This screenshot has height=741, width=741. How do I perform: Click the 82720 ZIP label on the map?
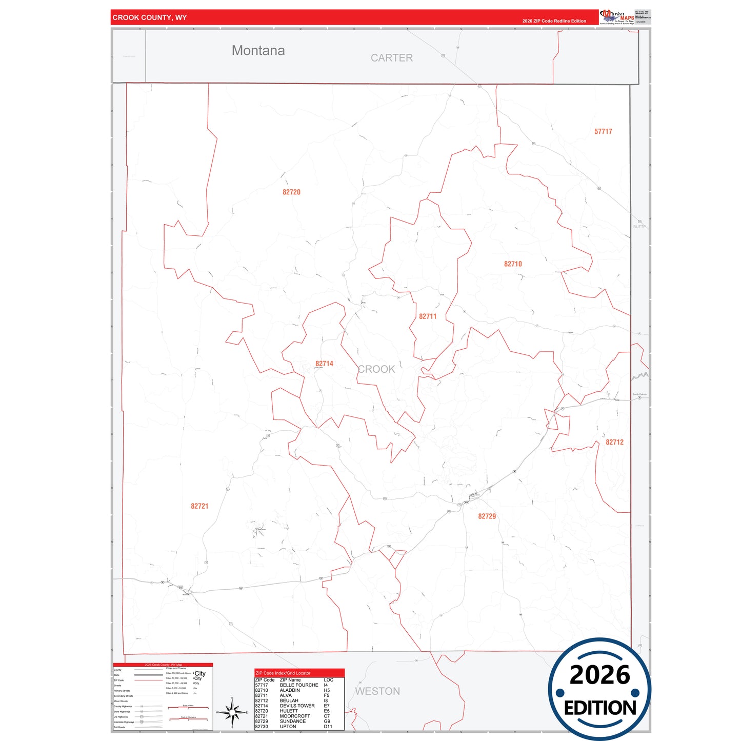click(x=291, y=192)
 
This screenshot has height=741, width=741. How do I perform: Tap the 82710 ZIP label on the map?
click(x=513, y=264)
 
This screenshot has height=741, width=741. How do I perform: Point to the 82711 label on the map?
click(x=428, y=316)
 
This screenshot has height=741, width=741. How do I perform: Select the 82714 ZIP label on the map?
click(x=324, y=364)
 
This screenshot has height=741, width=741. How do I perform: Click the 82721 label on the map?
click(x=199, y=506)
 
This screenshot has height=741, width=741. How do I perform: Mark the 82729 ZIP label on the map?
click(x=487, y=516)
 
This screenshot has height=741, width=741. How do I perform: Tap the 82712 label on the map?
click(x=614, y=442)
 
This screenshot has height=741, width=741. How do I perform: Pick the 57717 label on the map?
click(x=603, y=132)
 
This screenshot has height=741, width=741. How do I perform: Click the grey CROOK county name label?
click(x=376, y=369)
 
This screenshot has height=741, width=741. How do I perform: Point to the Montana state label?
click(x=258, y=50)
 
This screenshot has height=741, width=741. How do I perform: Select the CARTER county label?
click(x=392, y=58)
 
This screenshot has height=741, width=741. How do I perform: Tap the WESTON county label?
click(x=377, y=691)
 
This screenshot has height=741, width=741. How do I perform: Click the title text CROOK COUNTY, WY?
click(x=150, y=17)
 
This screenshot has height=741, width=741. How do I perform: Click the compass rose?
click(x=232, y=712)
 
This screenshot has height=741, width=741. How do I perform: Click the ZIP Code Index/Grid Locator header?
click(x=283, y=673)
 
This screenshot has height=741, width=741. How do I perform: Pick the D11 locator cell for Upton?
click(x=328, y=727)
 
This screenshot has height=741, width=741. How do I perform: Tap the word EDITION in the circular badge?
click(x=600, y=708)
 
